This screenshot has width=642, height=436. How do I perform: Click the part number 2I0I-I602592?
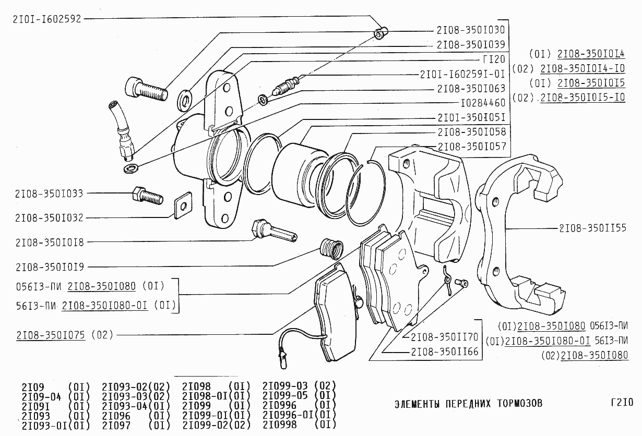[47, 19]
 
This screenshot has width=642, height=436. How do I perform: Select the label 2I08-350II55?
[592, 228]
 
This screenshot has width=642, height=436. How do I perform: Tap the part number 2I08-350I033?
[49, 193]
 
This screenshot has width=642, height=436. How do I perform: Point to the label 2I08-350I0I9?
[49, 267]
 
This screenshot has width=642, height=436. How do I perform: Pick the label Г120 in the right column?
[494, 59]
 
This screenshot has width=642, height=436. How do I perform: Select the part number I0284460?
[483, 103]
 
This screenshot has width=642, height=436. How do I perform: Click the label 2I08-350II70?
[445, 337]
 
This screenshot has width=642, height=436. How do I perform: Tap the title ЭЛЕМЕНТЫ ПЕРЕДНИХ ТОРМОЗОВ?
[468, 404]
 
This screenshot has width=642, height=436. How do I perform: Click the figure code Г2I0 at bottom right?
[621, 403]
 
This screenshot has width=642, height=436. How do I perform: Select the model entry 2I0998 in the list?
[279, 425]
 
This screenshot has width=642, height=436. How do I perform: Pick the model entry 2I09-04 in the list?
[42, 396]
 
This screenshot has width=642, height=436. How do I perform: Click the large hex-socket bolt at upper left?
[146, 89]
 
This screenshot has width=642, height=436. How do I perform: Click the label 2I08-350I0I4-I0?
[582, 68]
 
